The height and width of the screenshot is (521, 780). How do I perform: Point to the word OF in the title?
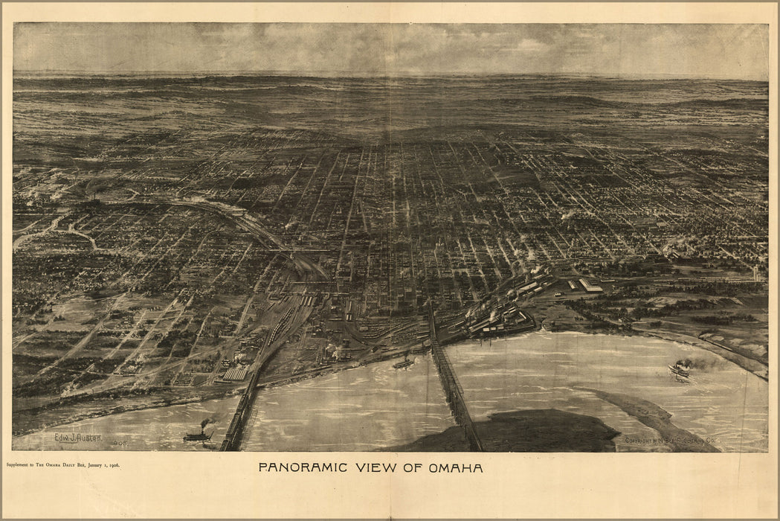412,468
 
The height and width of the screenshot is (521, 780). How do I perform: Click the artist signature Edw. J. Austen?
78,438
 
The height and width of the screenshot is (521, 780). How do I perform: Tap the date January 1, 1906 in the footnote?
102,464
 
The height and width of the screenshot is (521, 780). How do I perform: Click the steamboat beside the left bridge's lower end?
199,435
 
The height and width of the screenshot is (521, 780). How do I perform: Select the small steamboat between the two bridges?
404,363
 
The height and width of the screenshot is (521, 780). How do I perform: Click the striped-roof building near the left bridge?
235,373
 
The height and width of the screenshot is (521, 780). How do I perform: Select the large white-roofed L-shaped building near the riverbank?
590,286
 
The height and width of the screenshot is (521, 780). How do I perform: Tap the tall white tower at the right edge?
756,273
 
